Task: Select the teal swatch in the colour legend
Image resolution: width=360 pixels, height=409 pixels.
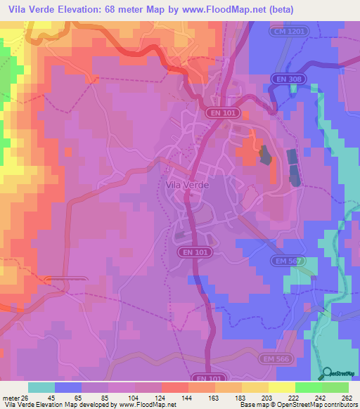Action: pos(41,387)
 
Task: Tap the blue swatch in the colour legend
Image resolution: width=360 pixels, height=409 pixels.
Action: pos(68,387)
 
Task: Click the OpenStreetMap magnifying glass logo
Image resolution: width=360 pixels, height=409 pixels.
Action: pos(328,373)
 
